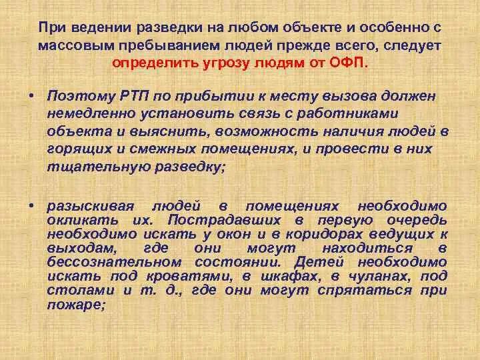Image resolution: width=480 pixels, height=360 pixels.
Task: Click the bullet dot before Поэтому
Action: coord(31,95)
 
